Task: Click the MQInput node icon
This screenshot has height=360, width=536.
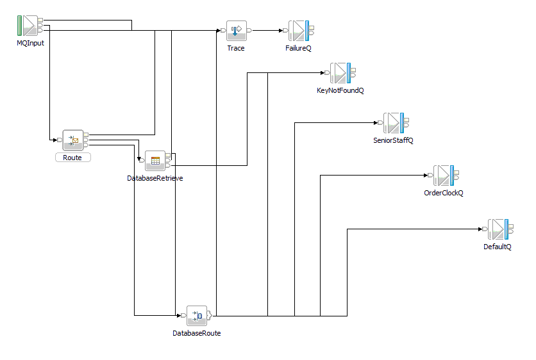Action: coord(28,26)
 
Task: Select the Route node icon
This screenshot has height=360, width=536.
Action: coord(72,140)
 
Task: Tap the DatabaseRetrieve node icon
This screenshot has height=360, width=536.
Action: coord(155,161)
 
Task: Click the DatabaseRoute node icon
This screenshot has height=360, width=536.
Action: coord(197,316)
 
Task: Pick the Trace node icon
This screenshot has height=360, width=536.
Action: coord(236,30)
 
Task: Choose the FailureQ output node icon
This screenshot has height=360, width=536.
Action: coord(298,30)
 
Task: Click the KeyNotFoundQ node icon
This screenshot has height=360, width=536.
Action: coord(340,73)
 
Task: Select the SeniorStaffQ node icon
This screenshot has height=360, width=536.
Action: coord(394,122)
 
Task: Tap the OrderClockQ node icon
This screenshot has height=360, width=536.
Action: coord(444,175)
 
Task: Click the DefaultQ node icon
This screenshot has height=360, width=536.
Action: coord(498,229)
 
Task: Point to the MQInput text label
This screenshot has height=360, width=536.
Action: coord(30,43)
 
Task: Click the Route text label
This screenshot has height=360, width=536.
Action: coord(72,157)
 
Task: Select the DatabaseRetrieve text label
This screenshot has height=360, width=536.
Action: coord(155,178)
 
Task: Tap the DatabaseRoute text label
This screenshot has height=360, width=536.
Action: coord(196,333)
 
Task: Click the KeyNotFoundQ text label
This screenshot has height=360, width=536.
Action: coord(340,91)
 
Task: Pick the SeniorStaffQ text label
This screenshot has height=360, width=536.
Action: coord(393,140)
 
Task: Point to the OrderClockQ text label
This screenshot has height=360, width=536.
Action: coord(443,193)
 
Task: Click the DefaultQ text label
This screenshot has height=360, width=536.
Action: coord(497,247)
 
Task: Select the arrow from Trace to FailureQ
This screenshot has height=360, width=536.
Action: coord(267,30)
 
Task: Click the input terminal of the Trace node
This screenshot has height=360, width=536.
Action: coord(222,30)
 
